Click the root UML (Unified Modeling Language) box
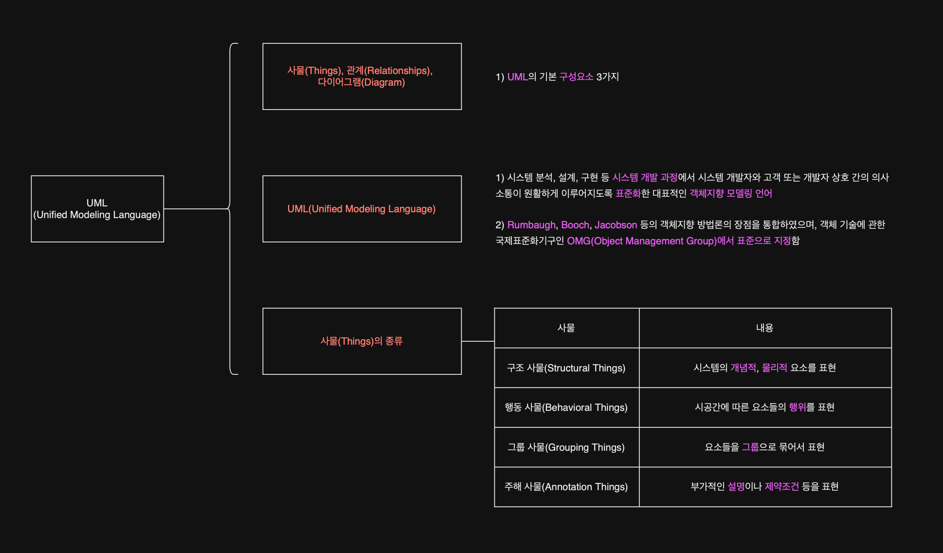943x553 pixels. point(97,209)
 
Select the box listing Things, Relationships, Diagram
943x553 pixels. point(362,76)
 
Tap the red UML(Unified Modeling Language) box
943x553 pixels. point(362,209)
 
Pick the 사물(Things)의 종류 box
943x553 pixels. point(362,341)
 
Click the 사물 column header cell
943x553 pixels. point(566,328)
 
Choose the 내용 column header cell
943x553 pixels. point(764,328)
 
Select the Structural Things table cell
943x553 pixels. point(566,368)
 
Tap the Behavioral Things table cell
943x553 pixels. point(566,407)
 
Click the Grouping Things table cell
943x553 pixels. point(566,447)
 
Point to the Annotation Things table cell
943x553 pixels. point(566,487)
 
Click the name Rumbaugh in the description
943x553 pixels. point(531,225)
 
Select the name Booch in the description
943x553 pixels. point(575,225)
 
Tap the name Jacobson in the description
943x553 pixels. point(616,225)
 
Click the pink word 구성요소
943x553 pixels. point(576,77)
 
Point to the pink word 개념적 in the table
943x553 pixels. point(743,368)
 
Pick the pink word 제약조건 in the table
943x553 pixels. point(781,487)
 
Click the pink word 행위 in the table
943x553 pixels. point(797,407)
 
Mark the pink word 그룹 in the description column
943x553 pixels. point(750,447)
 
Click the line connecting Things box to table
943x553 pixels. point(478,341)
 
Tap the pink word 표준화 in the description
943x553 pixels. point(628,194)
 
